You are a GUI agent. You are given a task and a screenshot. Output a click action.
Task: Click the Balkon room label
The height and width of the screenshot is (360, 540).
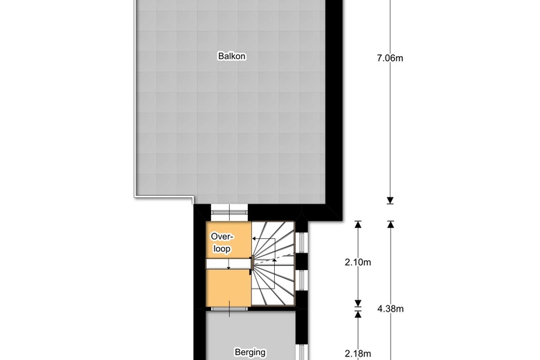[231, 57]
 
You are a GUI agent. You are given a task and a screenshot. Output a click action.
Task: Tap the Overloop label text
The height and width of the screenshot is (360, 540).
[221, 242]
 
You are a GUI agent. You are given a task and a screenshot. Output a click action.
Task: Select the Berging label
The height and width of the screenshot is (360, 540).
[249, 352]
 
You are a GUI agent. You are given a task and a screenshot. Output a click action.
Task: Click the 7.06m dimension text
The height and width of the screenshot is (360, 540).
[390, 58]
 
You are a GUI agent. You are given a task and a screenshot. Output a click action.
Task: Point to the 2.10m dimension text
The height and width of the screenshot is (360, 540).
[358, 262]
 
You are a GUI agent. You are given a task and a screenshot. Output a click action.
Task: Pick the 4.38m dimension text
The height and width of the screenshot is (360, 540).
[390, 309]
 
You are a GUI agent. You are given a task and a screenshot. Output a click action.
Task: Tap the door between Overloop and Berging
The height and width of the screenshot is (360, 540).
[228, 308]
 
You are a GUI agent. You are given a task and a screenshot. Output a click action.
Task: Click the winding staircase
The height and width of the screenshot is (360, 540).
[273, 263]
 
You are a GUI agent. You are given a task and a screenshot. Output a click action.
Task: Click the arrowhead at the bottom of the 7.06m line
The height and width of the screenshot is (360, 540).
[390, 201]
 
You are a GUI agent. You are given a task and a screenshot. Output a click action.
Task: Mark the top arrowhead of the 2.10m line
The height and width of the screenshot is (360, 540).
[358, 224]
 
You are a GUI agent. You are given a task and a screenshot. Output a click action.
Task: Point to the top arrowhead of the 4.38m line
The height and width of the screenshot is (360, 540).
[390, 224]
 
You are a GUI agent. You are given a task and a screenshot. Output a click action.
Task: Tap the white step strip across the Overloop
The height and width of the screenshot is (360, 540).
[228, 264]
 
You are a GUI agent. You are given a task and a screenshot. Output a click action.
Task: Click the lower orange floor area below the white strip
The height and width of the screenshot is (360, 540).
[228, 286]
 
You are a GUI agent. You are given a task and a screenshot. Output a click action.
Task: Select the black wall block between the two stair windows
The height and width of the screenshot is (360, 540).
[301, 262]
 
